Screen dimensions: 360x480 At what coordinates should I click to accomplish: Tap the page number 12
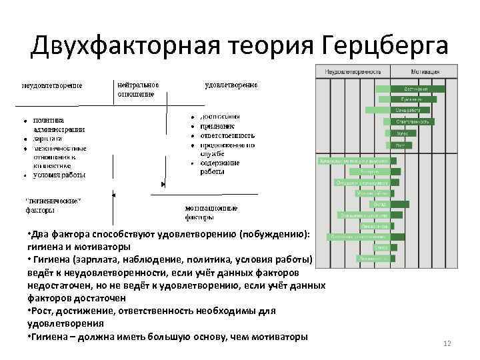click(x=447, y=343)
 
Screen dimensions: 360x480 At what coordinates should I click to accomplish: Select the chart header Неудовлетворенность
click(x=353, y=71)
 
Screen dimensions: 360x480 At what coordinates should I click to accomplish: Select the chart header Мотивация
click(x=425, y=71)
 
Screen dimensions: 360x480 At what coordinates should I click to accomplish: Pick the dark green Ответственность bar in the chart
click(x=407, y=122)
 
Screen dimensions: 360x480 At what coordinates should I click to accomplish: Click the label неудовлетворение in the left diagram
click(x=53, y=85)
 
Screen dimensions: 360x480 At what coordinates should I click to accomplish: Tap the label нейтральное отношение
click(x=137, y=89)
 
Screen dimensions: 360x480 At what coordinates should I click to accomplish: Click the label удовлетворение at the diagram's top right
click(x=231, y=85)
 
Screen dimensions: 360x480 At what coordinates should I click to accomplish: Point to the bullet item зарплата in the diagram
click(x=47, y=139)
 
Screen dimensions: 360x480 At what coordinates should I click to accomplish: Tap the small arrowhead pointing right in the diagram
click(x=163, y=184)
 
